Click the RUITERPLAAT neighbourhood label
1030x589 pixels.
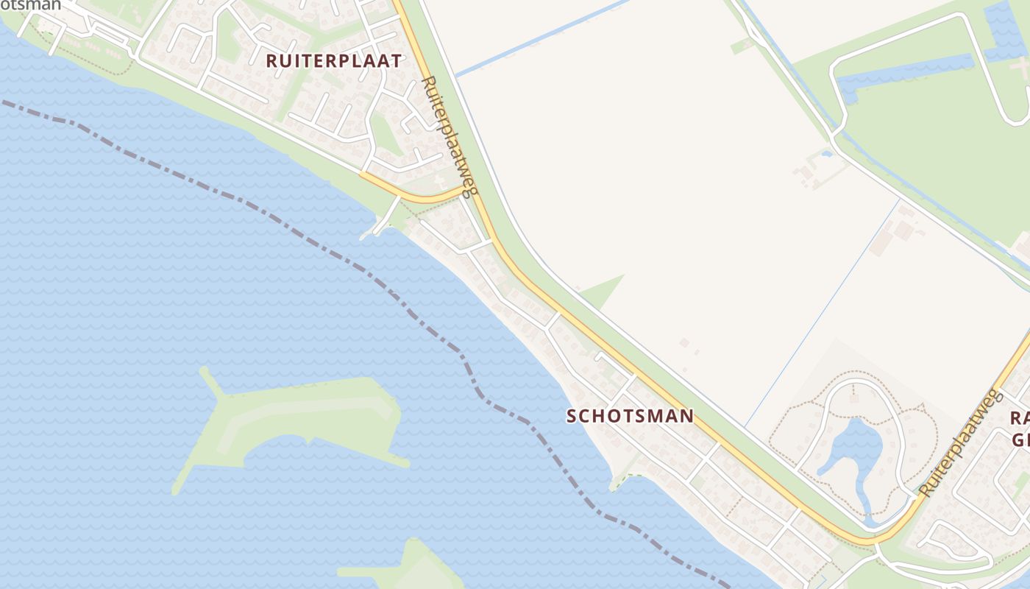(x=333, y=61)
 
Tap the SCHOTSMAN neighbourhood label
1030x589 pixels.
(x=630, y=416)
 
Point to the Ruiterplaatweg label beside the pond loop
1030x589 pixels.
(x=961, y=442)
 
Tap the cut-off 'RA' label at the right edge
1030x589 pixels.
(x=1020, y=418)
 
